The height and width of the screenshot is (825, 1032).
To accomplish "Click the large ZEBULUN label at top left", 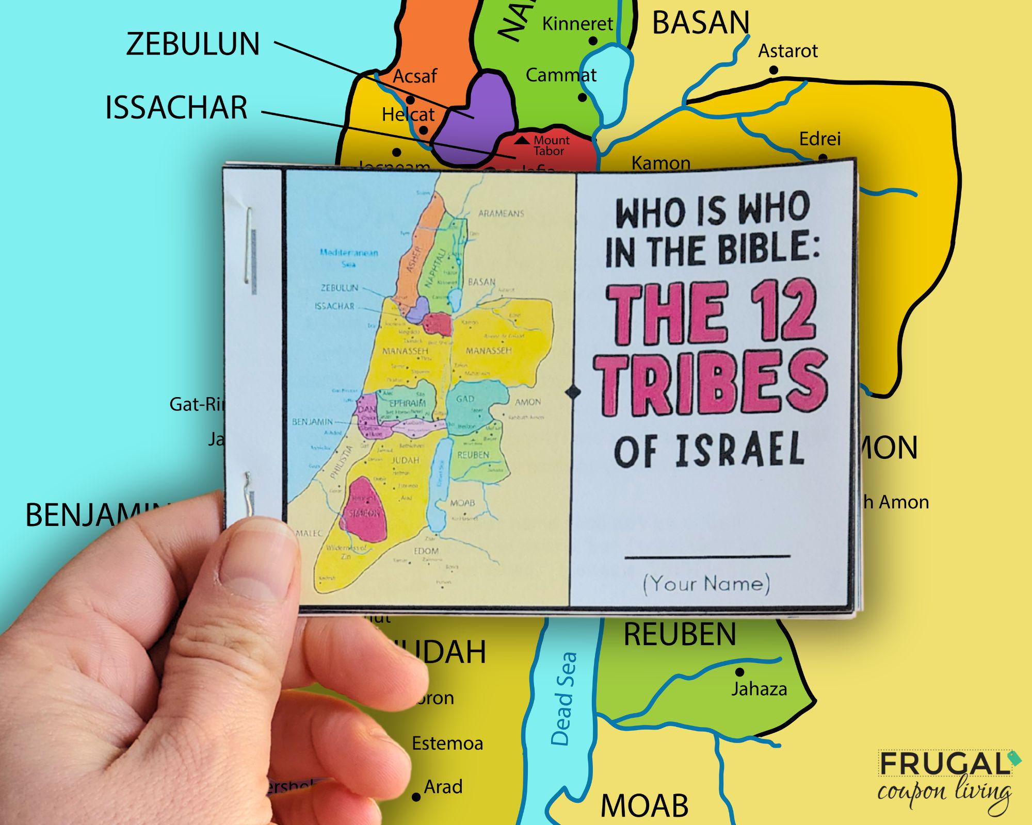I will click(x=192, y=44).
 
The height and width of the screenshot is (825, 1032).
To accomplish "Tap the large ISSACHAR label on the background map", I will click(x=176, y=108).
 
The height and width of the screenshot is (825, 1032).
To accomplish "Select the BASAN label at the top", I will click(x=700, y=23).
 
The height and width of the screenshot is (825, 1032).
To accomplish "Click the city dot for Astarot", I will click(x=773, y=70).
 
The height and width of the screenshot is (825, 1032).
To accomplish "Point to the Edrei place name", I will click(x=819, y=139).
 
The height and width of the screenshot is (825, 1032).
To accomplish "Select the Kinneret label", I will click(x=577, y=24).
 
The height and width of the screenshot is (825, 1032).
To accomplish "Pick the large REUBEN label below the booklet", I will click(x=680, y=634).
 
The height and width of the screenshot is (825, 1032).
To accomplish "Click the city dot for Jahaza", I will click(x=739, y=672).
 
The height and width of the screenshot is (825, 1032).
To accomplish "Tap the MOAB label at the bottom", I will click(x=644, y=805).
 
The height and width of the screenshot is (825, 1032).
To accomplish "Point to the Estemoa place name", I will click(x=447, y=744).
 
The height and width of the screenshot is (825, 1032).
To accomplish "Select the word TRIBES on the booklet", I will click(x=711, y=384).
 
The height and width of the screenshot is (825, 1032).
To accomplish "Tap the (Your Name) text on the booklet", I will click(x=706, y=584).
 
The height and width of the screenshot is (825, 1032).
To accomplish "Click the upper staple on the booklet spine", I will click(x=250, y=246).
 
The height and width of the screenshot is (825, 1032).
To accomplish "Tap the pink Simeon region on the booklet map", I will click(x=364, y=510).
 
